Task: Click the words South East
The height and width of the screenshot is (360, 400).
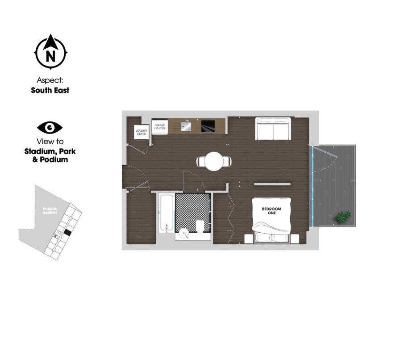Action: click(x=50, y=90)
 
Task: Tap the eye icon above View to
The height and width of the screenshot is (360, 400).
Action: click(x=50, y=128)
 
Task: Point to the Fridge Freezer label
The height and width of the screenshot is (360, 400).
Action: click(x=159, y=127)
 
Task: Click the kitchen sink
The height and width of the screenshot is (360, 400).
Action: click(x=186, y=126)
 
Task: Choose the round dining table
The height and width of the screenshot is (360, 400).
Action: click(x=214, y=161)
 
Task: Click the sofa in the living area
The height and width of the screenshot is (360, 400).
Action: click(x=273, y=129)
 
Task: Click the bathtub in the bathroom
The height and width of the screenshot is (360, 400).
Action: click(x=166, y=213)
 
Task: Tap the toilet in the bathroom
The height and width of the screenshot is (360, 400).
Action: click(x=201, y=226)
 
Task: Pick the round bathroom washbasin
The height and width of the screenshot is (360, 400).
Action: click(x=183, y=233)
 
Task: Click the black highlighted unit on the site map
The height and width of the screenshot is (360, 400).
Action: click(x=67, y=232)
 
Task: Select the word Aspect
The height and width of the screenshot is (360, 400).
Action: click(x=50, y=80)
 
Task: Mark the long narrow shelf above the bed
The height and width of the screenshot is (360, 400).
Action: click(x=272, y=184)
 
